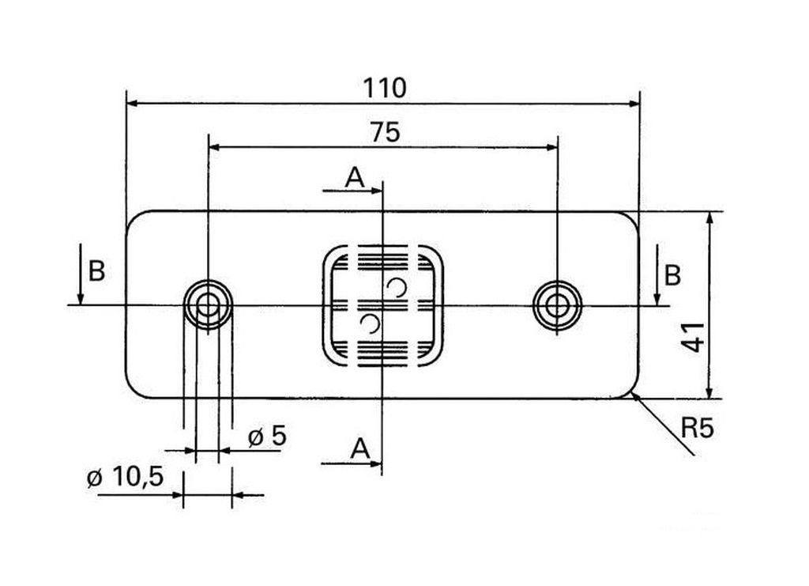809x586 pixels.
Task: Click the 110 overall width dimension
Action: [x=385, y=89]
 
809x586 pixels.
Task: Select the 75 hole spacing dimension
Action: [x=385, y=133]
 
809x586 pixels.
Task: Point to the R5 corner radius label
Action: [x=698, y=428]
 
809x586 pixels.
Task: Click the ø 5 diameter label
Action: [x=267, y=437]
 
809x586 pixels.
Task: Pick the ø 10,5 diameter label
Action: [x=126, y=477]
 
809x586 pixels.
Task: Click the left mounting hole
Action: [x=208, y=305]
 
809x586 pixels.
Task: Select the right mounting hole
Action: [x=558, y=305]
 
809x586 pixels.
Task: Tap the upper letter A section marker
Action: [x=355, y=178]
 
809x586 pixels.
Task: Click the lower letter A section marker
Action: [x=360, y=448]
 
